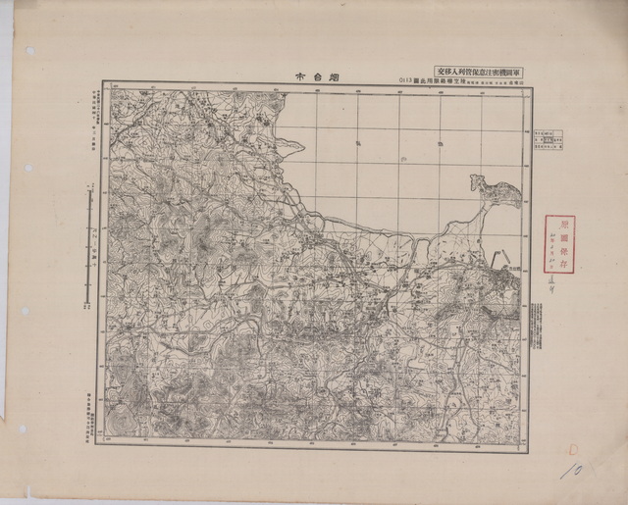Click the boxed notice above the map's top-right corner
click(480, 71)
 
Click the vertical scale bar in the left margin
click(90, 245)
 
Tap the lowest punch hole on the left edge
click(22, 429)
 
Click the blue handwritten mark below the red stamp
click(562, 281)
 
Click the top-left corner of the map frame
click(100, 83)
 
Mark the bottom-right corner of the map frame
click(528, 450)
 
